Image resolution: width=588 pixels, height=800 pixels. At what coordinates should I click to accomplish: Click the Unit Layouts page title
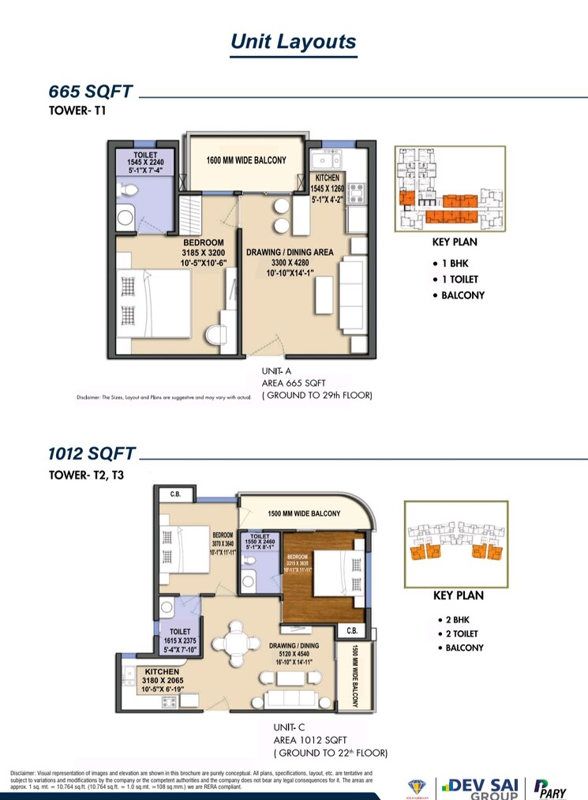click(294, 42)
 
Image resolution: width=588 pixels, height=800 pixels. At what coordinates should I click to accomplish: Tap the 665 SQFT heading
click(91, 93)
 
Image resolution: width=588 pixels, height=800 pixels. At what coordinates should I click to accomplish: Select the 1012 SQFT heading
click(92, 454)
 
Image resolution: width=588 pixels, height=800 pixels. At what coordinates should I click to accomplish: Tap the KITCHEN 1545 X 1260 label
click(326, 189)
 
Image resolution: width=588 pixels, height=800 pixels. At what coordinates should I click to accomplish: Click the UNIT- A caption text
click(277, 370)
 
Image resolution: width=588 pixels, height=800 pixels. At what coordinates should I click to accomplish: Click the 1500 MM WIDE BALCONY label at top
click(304, 513)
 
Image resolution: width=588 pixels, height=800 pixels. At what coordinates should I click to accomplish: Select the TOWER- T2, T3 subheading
click(86, 475)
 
